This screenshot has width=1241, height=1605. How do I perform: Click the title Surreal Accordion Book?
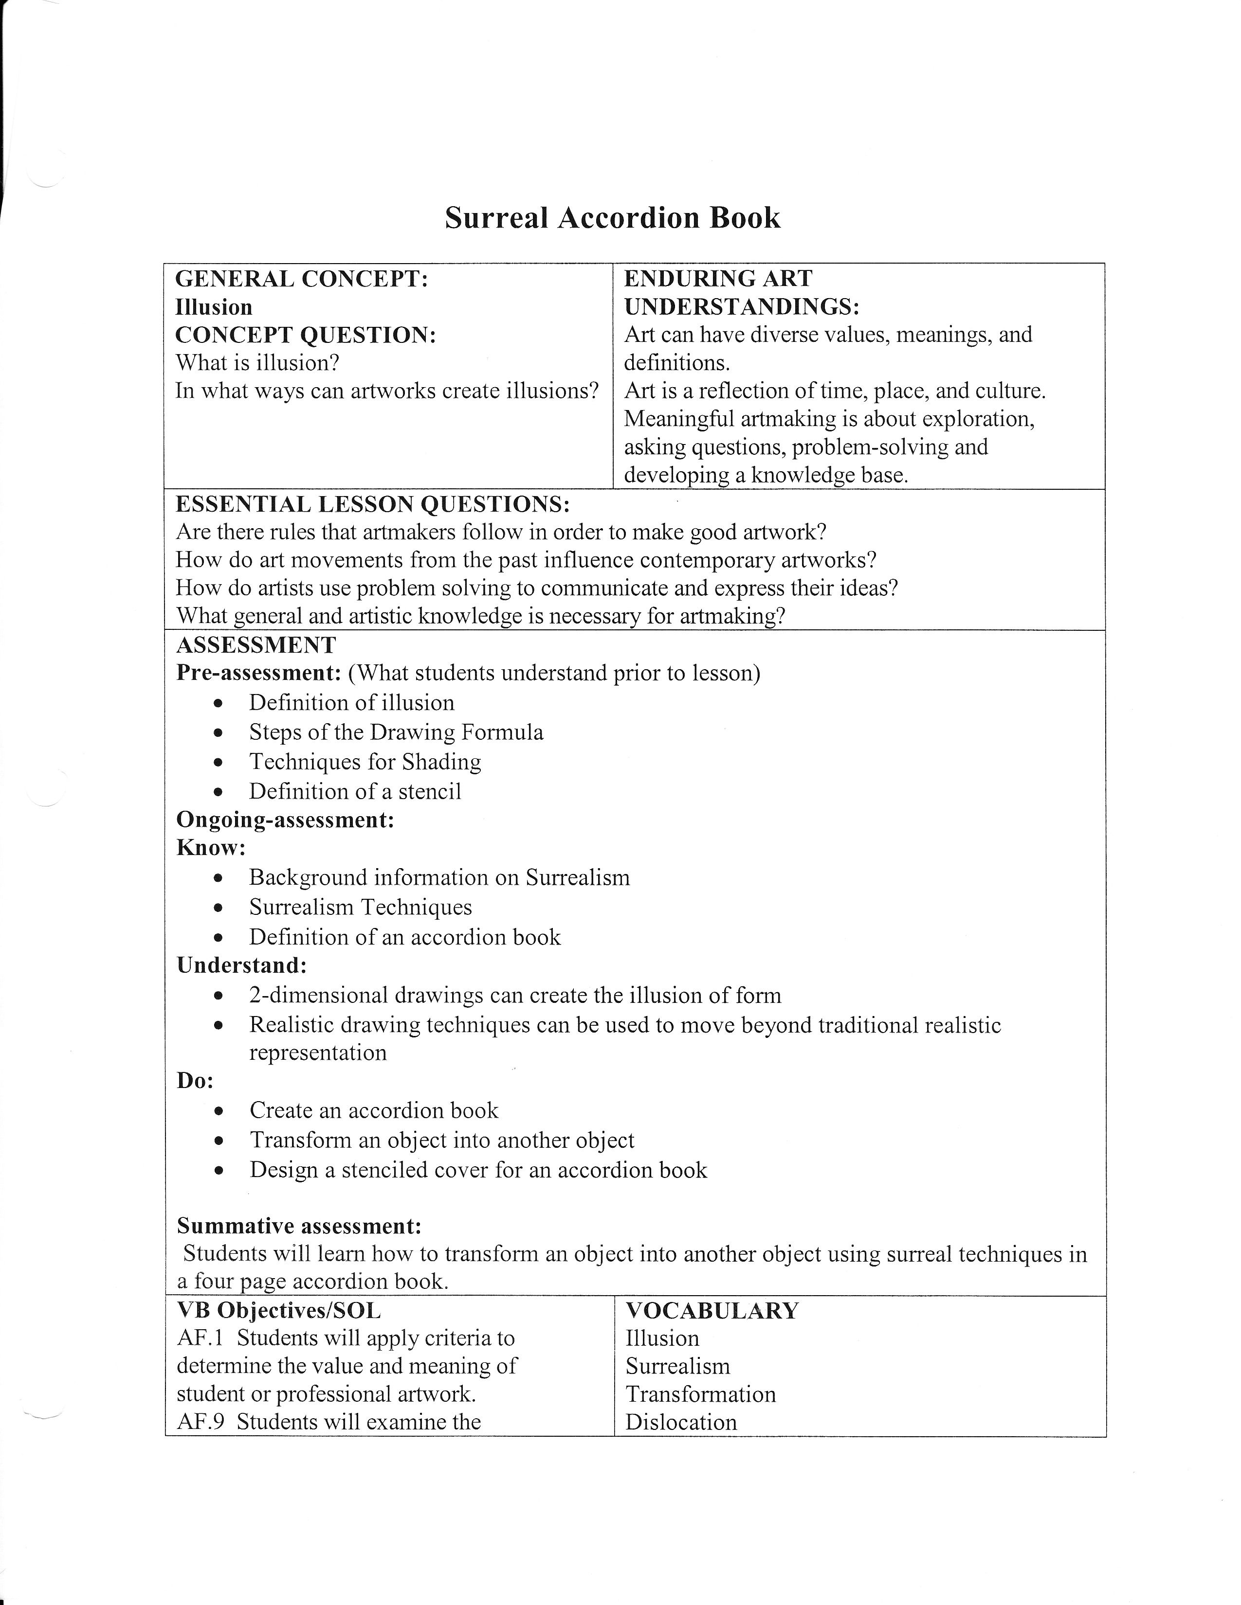click(x=612, y=218)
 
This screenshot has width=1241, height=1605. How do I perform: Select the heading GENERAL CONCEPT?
click(x=301, y=279)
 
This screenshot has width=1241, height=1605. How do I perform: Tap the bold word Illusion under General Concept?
click(x=213, y=307)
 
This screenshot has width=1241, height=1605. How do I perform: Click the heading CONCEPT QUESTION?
click(x=306, y=335)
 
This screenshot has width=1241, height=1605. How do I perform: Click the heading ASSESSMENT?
click(x=256, y=645)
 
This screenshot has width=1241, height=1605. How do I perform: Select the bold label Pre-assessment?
click(x=259, y=673)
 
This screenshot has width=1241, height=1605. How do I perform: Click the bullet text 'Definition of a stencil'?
click(x=355, y=791)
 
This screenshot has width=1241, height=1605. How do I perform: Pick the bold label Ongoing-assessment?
click(x=285, y=820)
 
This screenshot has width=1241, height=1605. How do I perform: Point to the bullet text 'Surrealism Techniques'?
click(x=360, y=908)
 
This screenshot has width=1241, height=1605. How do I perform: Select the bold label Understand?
click(x=241, y=965)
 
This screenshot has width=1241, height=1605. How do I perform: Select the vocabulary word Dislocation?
click(x=681, y=1422)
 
